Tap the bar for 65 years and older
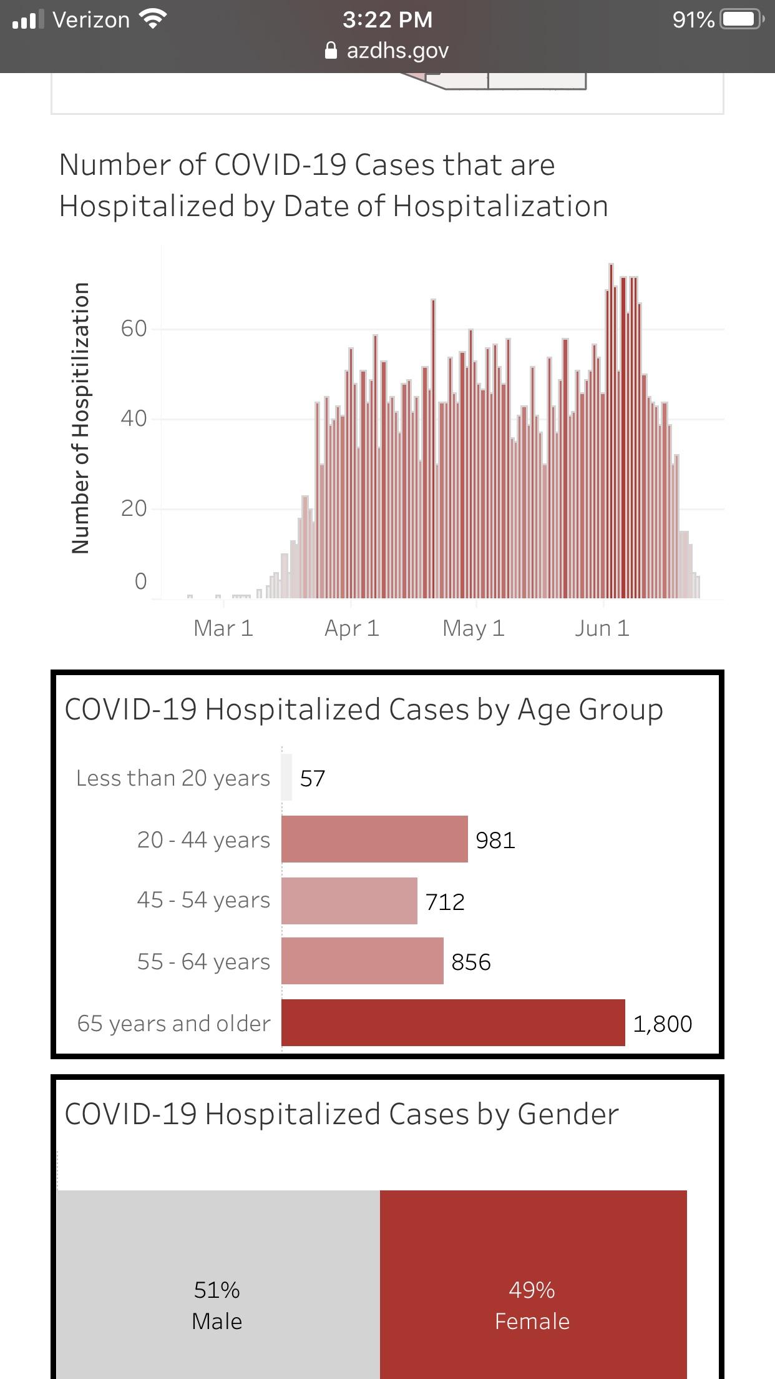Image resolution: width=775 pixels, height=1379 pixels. click(x=453, y=1022)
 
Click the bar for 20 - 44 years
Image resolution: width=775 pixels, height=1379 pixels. click(x=374, y=839)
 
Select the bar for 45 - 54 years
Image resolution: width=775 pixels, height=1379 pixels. click(x=349, y=901)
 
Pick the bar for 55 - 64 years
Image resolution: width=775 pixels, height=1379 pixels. click(x=363, y=961)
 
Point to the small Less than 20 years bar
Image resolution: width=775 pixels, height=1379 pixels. click(x=286, y=778)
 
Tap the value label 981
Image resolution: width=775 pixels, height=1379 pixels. click(x=495, y=840)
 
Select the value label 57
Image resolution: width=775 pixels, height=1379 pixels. click(x=313, y=779)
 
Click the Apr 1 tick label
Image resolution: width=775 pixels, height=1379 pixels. click(x=352, y=628)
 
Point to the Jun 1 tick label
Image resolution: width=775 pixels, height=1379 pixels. click(x=602, y=628)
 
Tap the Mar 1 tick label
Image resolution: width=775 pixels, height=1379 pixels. click(x=223, y=628)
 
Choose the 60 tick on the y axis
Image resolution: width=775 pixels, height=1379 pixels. click(x=134, y=329)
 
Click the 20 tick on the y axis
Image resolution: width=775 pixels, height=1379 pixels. click(x=134, y=508)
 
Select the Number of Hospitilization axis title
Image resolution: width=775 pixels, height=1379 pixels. click(x=80, y=418)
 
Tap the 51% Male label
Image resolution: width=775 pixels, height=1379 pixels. click(x=217, y=1305)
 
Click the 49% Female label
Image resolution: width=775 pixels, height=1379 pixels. click(x=532, y=1305)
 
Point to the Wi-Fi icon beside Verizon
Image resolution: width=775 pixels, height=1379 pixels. click(x=153, y=19)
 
